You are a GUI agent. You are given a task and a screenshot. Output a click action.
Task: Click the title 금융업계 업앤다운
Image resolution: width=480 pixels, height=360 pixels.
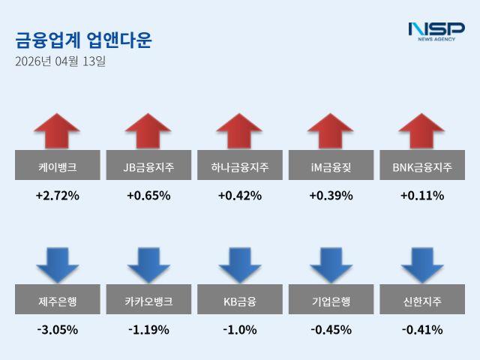(x=83, y=39)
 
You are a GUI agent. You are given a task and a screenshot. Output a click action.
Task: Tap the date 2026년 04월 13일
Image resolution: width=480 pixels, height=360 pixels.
(x=60, y=61)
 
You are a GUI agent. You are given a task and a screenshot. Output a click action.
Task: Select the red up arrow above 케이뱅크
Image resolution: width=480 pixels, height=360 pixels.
(x=57, y=131)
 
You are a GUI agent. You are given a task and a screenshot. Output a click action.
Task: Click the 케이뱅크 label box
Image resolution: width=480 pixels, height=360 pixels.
(x=57, y=166)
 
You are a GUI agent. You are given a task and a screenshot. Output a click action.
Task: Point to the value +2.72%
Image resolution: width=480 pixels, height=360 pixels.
(x=57, y=196)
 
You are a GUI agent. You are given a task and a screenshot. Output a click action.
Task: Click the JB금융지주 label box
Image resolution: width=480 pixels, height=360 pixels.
(x=148, y=166)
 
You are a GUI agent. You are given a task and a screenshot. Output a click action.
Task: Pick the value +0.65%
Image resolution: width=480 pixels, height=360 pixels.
(x=148, y=196)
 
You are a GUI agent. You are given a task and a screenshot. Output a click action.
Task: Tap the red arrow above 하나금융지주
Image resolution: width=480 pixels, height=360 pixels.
(x=239, y=131)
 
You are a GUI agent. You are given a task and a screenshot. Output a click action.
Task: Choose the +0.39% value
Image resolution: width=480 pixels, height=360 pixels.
(x=331, y=196)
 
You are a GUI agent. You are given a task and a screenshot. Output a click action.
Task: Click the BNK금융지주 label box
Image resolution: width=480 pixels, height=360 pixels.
(x=422, y=166)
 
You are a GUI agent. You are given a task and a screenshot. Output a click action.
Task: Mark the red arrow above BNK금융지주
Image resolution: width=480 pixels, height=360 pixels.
(x=422, y=131)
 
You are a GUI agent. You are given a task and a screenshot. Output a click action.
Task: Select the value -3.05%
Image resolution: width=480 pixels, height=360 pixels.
(x=57, y=329)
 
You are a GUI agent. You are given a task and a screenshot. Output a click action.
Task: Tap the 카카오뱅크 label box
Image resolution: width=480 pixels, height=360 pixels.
(x=148, y=301)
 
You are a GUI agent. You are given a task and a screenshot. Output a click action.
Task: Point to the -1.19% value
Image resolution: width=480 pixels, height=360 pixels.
(x=148, y=329)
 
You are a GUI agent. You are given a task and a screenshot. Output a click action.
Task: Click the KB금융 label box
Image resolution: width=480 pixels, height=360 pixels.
(x=239, y=301)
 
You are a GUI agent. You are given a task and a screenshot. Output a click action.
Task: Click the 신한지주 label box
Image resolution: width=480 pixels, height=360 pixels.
(x=422, y=301)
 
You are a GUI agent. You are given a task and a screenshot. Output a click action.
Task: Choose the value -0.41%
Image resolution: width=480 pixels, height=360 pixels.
(x=422, y=329)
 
